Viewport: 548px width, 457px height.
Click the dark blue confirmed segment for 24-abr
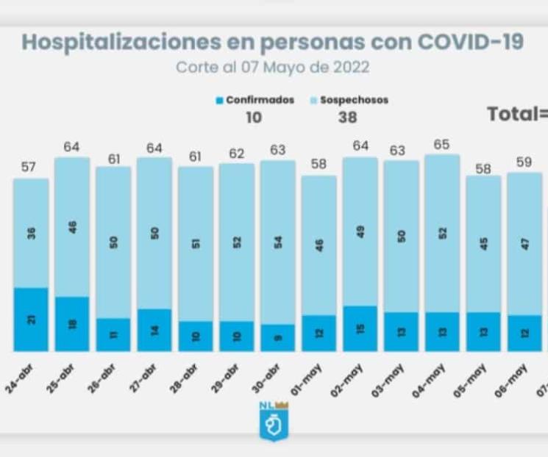tap(31, 319)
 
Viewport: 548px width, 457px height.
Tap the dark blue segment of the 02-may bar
tap(360, 328)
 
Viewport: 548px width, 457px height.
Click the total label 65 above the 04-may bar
tap(441, 145)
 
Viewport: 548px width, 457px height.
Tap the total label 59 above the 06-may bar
tap(524, 162)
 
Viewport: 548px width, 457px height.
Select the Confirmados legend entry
tap(255, 100)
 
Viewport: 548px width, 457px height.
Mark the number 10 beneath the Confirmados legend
tap(254, 117)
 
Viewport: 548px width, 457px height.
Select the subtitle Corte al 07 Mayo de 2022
tap(272, 68)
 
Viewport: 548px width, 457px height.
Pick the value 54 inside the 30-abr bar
tap(277, 242)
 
